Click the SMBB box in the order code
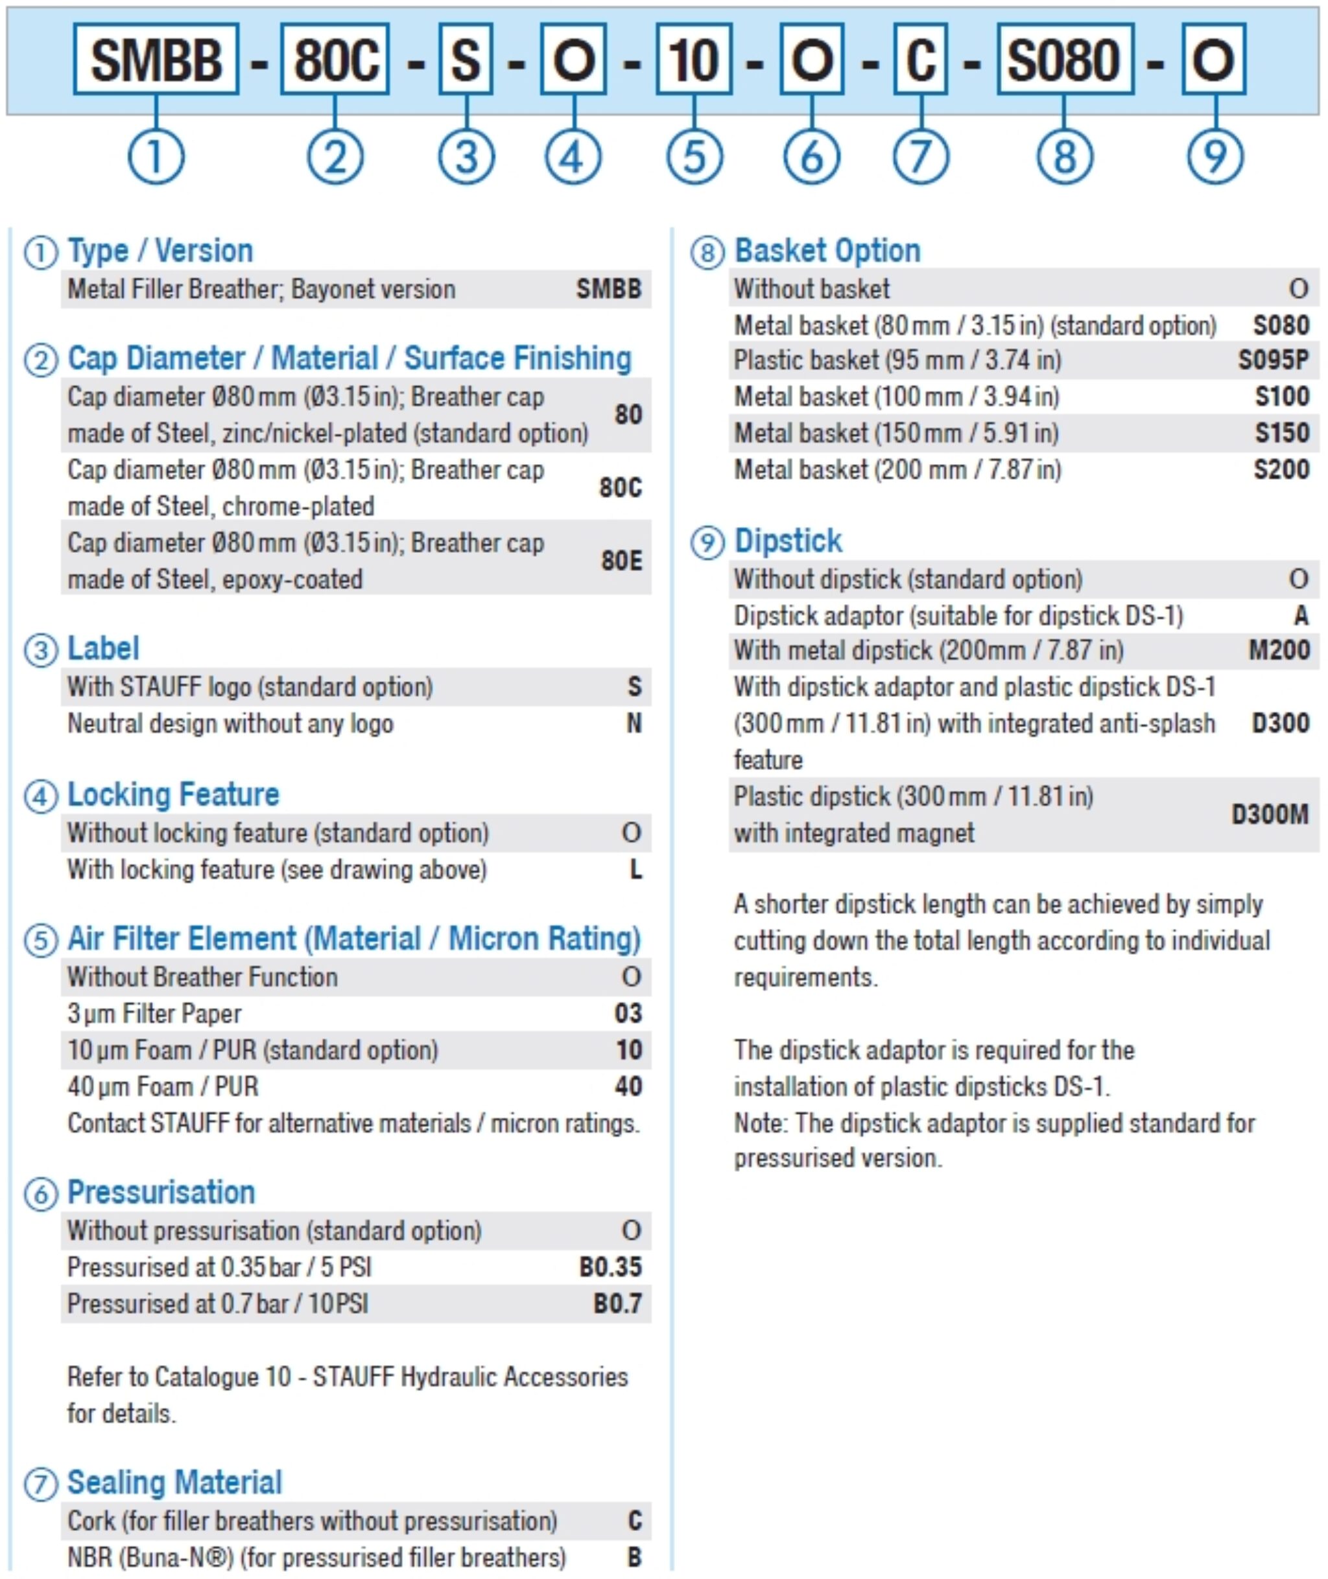156,60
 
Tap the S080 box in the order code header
1065,60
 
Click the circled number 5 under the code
694,158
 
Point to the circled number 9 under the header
1215,158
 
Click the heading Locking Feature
173,795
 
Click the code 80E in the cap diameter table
621,561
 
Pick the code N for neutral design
634,724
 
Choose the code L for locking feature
635,870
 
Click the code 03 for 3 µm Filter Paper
628,1014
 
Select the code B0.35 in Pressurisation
610,1267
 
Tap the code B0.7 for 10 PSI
617,1304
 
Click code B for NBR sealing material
634,1557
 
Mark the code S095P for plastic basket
1273,360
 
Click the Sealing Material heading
174,1482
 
